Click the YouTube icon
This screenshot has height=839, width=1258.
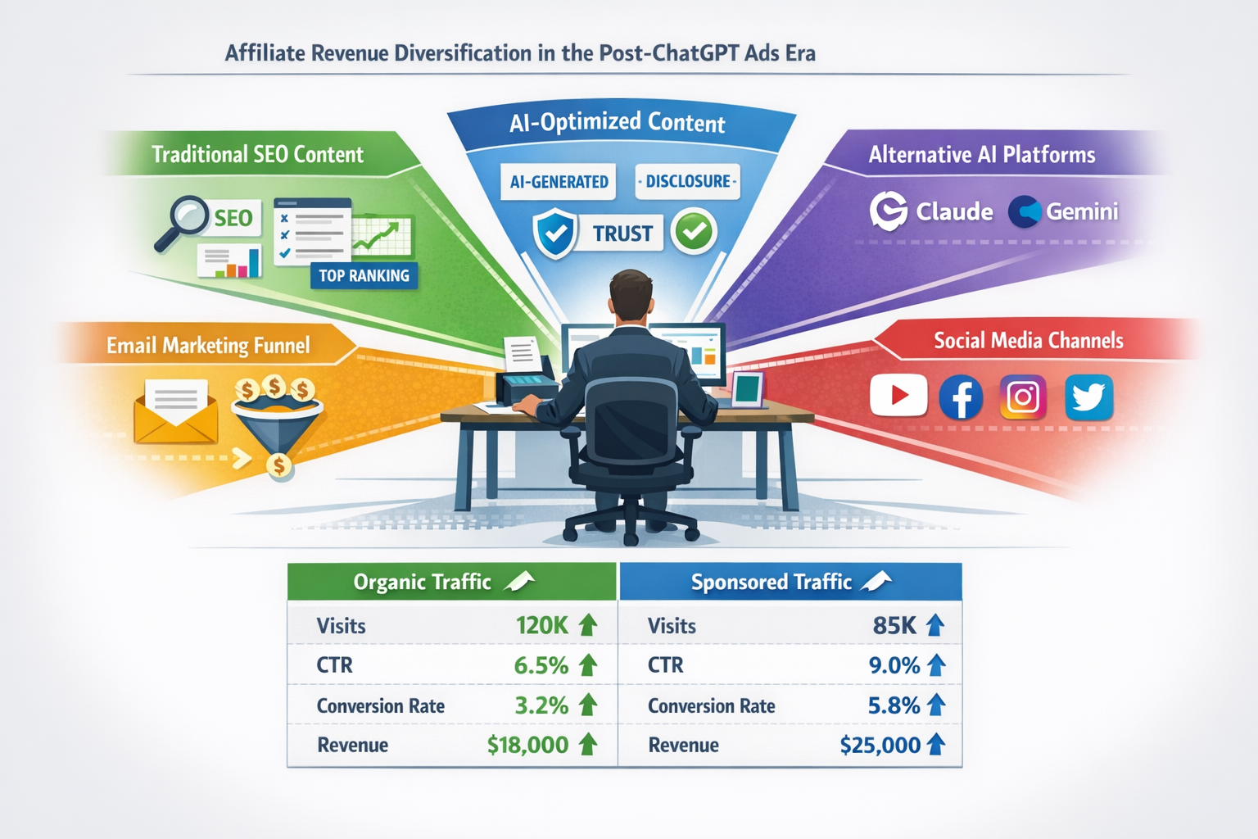coord(898,396)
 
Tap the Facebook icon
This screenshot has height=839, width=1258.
coord(961,397)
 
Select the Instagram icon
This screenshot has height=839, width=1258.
coord(1023,397)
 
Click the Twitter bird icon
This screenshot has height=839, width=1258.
coord(1088,397)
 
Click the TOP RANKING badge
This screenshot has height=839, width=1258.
coord(364,275)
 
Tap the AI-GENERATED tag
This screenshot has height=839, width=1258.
coord(559,181)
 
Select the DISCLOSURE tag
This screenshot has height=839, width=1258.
coord(687,181)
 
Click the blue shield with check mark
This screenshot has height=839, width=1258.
coord(555,234)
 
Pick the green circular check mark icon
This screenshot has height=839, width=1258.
coord(694,232)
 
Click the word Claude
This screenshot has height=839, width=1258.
coord(954,211)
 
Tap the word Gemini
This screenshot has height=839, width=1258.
coord(1082,211)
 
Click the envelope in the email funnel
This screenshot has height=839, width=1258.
coord(175,410)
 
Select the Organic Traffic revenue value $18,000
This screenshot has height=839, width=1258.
coord(527,745)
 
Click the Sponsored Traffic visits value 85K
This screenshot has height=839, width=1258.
coord(894,626)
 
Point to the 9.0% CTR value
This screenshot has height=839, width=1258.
coord(894,665)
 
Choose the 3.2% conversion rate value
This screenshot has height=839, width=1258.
coord(541,705)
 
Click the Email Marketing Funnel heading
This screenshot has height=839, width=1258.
coord(208,345)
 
